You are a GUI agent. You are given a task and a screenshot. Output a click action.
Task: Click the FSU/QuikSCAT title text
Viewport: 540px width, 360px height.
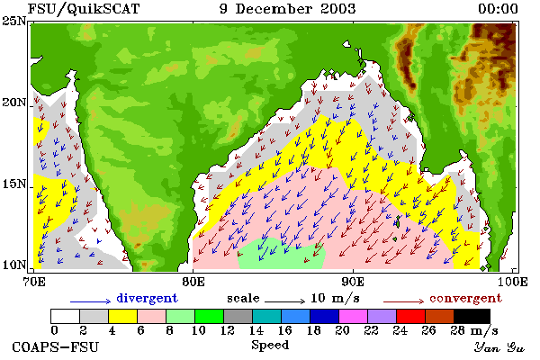point(84,9)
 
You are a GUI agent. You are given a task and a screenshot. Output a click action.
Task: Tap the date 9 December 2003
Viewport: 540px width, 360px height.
point(287,9)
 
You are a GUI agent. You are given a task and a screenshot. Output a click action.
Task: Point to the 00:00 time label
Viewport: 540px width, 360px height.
point(498,9)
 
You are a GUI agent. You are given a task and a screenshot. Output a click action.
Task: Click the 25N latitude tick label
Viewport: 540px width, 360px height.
point(14,21)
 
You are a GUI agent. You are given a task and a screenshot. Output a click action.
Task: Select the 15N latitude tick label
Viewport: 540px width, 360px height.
point(14,184)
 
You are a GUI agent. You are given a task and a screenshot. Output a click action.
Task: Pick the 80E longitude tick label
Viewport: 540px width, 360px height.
point(193,282)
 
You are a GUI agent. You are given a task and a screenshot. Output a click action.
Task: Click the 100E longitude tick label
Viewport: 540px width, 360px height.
point(512,282)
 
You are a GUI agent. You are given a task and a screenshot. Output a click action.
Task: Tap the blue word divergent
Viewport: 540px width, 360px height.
point(147,298)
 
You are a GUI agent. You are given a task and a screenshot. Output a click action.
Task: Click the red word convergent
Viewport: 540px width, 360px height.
point(465,298)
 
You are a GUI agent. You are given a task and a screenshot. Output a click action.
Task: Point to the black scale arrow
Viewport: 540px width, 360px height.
point(284,301)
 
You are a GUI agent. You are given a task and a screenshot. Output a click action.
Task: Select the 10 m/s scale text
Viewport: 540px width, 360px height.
point(335,298)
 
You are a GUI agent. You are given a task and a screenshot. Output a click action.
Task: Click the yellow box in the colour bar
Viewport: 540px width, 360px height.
point(122,316)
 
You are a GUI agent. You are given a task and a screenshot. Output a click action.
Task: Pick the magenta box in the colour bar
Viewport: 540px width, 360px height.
point(353,316)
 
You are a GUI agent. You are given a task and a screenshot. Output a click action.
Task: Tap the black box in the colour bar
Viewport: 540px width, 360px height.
point(472,316)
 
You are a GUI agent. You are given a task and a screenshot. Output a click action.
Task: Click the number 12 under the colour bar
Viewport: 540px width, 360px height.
point(228,330)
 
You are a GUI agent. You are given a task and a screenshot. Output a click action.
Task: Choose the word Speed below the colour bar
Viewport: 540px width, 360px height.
point(270,345)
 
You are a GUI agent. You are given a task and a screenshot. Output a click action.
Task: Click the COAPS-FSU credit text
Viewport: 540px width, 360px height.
point(55,346)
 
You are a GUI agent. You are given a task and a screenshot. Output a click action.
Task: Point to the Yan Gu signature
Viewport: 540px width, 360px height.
point(499,347)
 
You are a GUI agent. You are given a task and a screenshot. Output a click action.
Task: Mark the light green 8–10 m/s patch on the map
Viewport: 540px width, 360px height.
point(282,254)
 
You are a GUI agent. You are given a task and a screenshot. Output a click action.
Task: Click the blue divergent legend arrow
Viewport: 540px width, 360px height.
point(91,301)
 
